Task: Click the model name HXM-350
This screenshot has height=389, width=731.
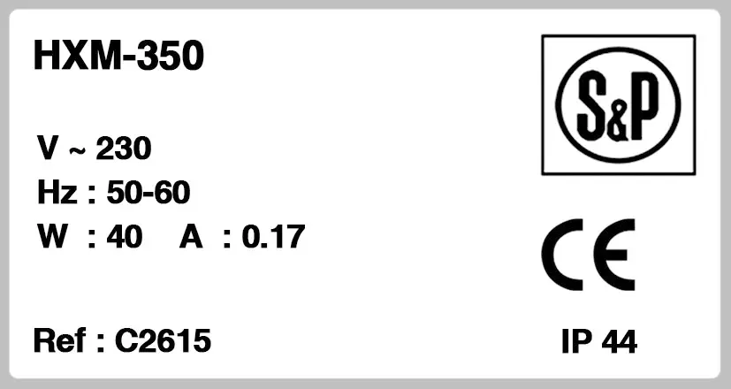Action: click(118, 55)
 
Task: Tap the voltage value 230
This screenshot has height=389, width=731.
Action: click(124, 149)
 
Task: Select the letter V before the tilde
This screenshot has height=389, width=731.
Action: click(48, 148)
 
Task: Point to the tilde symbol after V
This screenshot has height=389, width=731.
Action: click(78, 150)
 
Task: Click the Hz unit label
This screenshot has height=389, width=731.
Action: click(57, 192)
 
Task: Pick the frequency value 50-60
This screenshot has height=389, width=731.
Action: click(148, 192)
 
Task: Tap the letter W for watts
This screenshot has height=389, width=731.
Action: click(53, 236)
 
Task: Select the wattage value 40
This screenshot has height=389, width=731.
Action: click(125, 236)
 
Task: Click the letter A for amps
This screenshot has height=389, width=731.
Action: click(191, 236)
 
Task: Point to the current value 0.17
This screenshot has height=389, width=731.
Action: click(274, 236)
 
